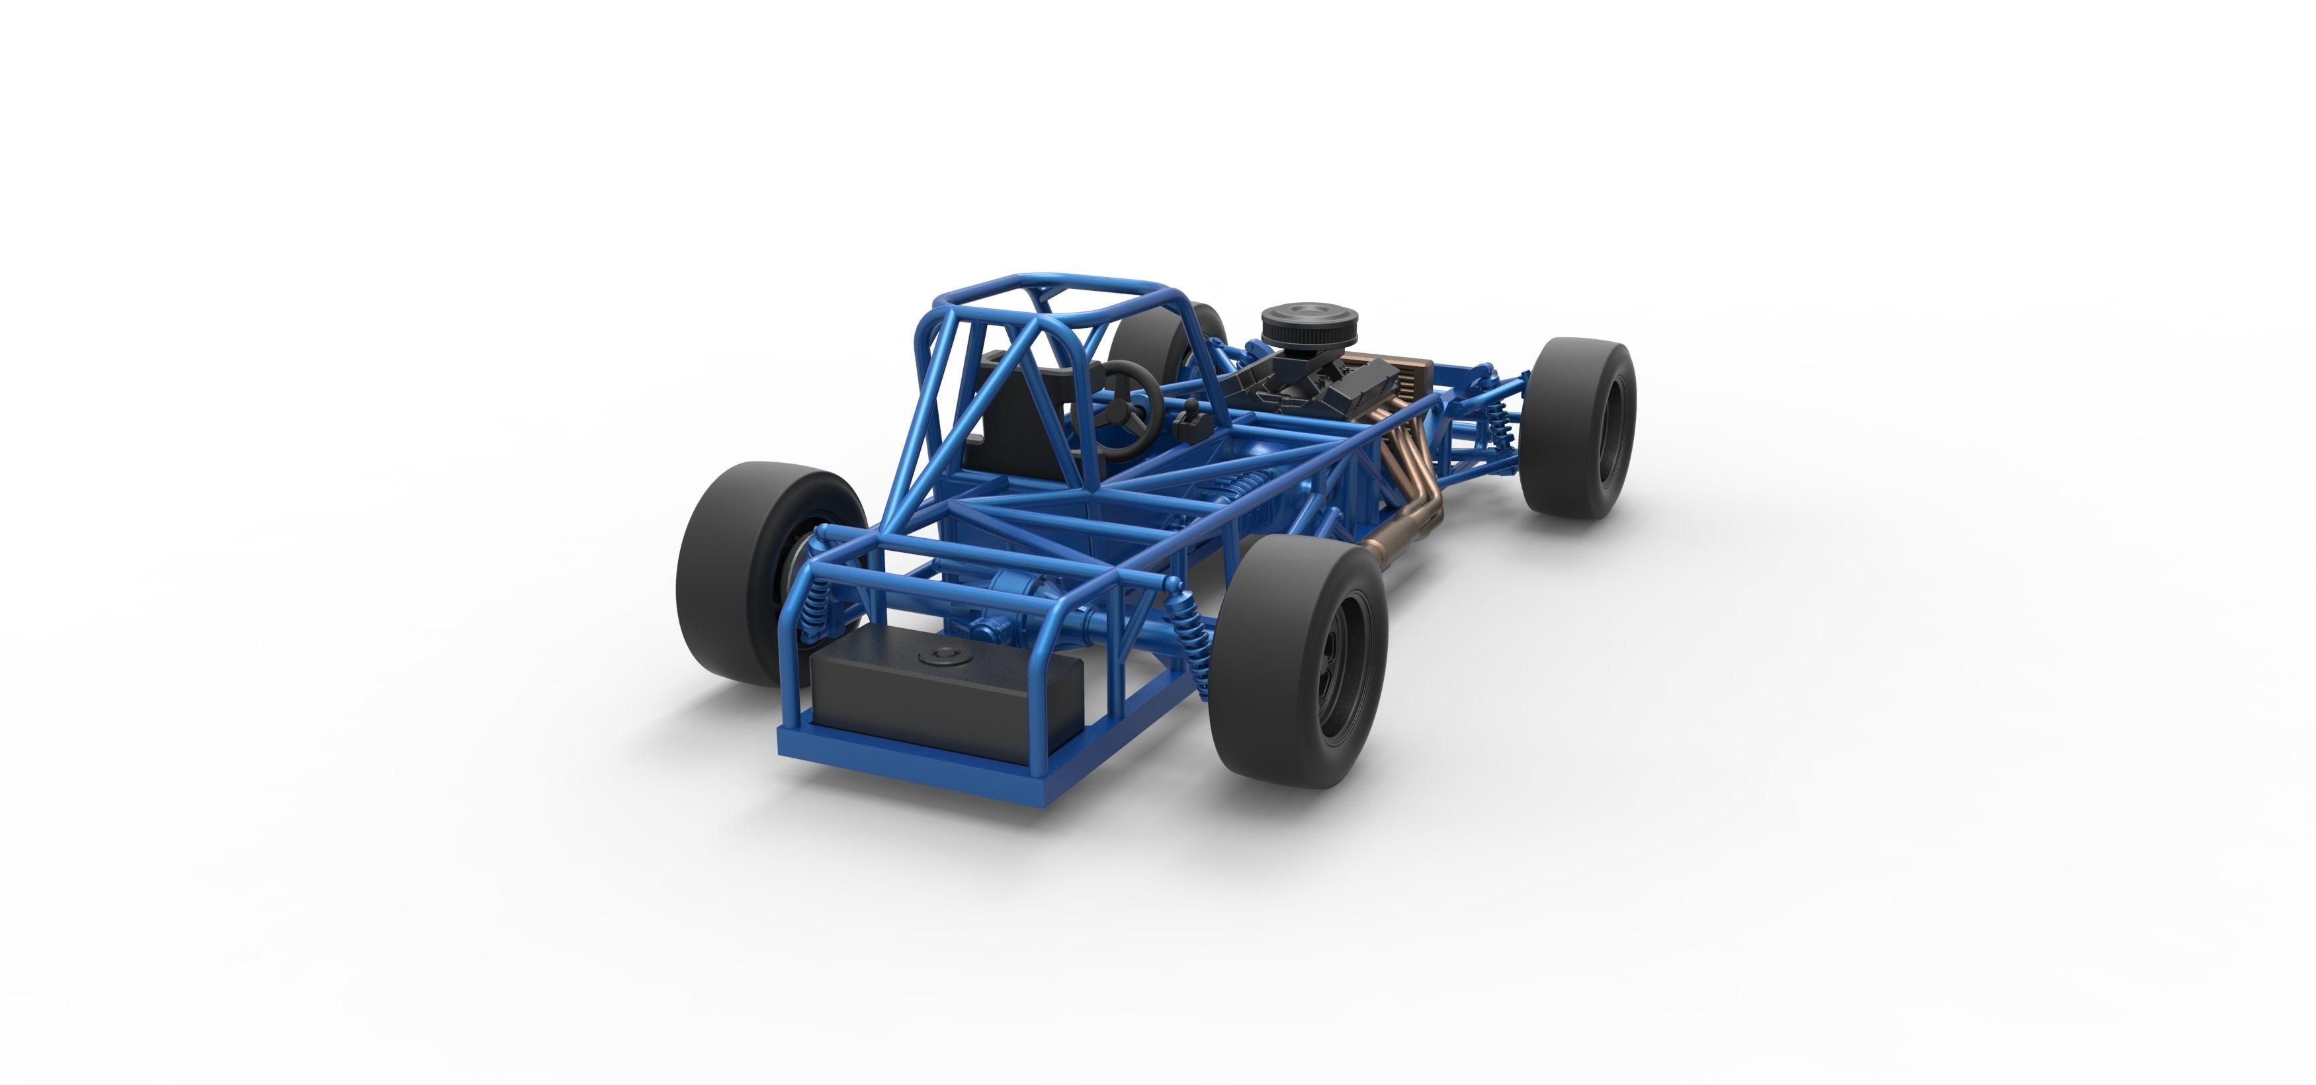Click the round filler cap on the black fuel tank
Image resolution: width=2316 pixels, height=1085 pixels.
(x=943, y=653)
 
